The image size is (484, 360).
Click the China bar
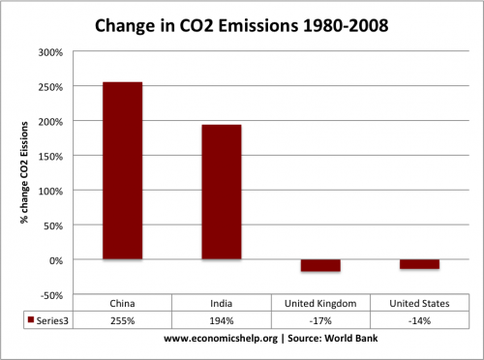click(123, 170)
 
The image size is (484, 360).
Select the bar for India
click(222, 192)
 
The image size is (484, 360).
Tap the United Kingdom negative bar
click(320, 265)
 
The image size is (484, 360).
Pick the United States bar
click(420, 264)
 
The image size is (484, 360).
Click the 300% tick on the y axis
click(50, 52)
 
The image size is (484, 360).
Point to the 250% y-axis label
click(50, 87)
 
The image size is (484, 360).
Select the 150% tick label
click(50, 157)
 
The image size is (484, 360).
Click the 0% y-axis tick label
click(56, 260)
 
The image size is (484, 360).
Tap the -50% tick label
click(51, 295)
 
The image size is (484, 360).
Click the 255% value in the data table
click(123, 321)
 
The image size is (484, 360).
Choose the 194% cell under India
click(222, 321)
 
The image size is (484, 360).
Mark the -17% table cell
click(320, 321)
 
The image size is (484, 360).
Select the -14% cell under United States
click(419, 321)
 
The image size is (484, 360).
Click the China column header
click(122, 304)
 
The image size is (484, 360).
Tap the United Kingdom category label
click(320, 304)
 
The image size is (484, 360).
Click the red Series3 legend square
click(31, 319)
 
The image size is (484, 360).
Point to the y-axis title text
click(24, 172)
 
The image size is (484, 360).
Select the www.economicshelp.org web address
click(221, 339)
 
